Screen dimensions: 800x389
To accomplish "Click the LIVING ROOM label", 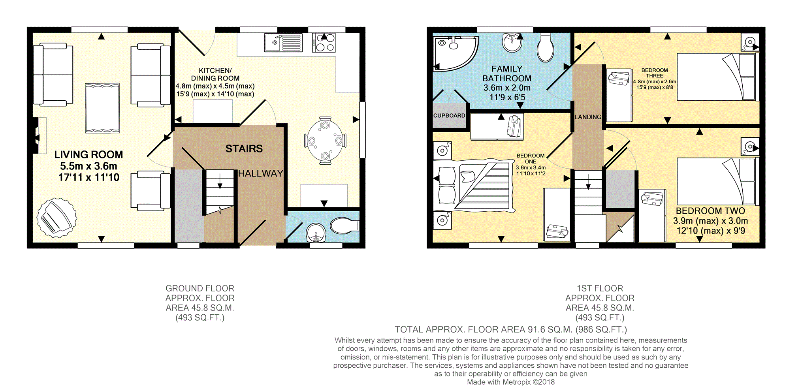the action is [88, 154].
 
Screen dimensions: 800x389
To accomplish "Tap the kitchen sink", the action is [283, 43].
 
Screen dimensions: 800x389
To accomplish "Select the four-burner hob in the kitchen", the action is [324, 43].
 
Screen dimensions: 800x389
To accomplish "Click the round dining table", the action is [325, 141].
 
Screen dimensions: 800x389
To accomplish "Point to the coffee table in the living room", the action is [102, 108].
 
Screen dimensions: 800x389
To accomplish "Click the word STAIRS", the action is [244, 148].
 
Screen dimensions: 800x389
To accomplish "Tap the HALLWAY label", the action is [260, 173].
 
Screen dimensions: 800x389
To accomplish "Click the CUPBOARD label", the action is [449, 116].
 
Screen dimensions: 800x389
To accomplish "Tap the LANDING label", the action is [588, 117].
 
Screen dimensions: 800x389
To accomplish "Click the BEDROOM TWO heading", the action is [710, 211].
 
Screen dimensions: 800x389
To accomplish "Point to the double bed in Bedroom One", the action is [474, 186].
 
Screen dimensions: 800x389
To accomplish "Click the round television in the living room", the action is [57, 218].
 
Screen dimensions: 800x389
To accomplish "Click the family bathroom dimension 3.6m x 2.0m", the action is [507, 88].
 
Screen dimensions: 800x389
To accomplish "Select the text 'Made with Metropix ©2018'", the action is [511, 382].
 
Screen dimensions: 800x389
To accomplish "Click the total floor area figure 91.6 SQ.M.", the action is [549, 329].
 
